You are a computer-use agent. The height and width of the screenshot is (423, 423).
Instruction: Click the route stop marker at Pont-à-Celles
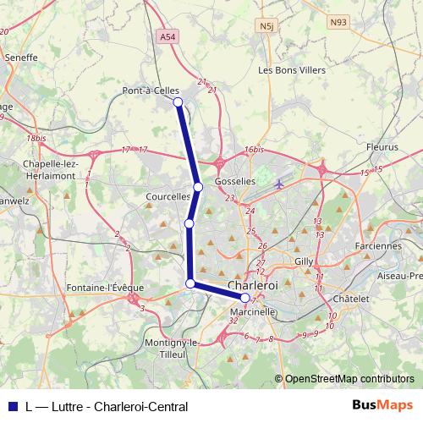pyautogui.click(x=178, y=102)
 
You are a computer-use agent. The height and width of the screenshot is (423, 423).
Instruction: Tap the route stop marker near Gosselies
pyautogui.click(x=198, y=187)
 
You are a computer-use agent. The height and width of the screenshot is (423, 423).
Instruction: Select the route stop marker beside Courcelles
pyautogui.click(x=190, y=223)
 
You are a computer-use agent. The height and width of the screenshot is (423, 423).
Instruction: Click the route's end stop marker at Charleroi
pyautogui.click(x=245, y=298)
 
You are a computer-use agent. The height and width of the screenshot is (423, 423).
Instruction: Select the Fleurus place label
pyautogui.click(x=382, y=147)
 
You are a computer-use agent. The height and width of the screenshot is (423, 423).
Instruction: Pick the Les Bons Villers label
pyautogui.click(x=291, y=70)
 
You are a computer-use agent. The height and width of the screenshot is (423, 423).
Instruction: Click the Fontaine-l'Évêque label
pyautogui.click(x=105, y=288)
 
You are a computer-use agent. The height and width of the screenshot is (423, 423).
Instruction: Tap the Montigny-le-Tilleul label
pyautogui.click(x=171, y=348)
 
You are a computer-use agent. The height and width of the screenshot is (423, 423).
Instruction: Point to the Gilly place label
pyautogui.click(x=304, y=261)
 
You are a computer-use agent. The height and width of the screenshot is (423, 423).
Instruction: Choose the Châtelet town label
pyautogui.click(x=351, y=299)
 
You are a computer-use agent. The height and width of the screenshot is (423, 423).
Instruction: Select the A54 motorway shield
pyautogui.click(x=168, y=38)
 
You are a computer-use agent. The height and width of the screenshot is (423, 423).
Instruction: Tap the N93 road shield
pyautogui.click(x=339, y=22)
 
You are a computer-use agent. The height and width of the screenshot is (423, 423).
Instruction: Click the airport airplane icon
pyautogui.click(x=279, y=184)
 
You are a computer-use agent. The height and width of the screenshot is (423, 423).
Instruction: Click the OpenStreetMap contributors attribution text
pyautogui.click(x=349, y=379)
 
